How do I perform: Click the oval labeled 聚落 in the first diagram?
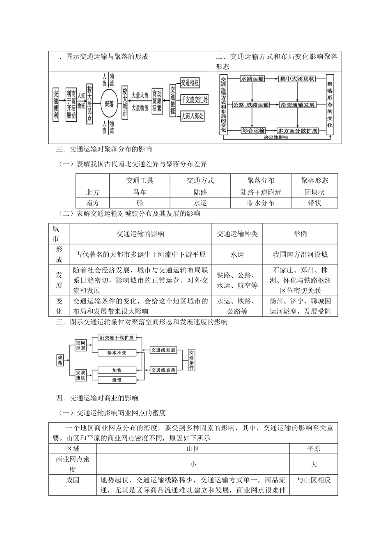click(109, 103)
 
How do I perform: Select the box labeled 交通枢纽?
click(190, 83)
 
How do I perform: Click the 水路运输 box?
click(252, 78)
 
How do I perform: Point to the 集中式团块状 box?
click(297, 78)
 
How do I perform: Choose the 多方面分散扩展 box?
click(298, 131)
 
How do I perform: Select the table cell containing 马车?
click(140, 192)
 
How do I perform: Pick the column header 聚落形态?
click(314, 180)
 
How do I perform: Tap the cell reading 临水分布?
click(261, 203)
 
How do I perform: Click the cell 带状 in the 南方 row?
click(314, 203)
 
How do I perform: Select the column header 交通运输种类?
click(237, 234)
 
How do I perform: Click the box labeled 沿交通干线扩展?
click(117, 338)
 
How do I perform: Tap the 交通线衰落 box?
click(163, 370)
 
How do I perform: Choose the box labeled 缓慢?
click(117, 380)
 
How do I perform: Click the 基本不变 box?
click(117, 352)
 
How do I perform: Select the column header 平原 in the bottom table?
click(314, 449)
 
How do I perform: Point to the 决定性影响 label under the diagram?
click(275, 138)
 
